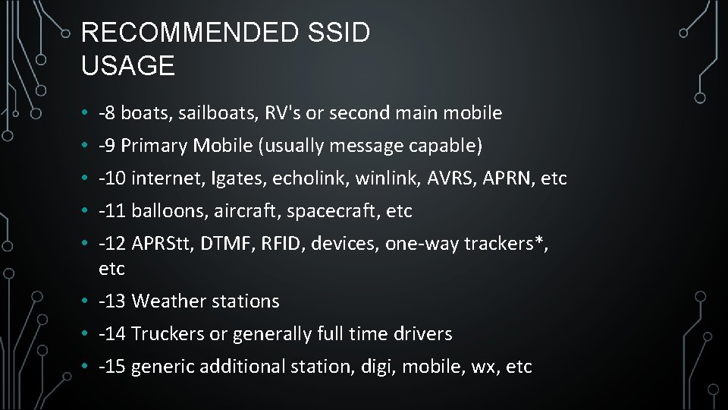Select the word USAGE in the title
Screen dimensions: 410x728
[x=127, y=66]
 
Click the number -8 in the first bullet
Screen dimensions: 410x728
[x=107, y=113]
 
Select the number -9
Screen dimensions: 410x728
[x=107, y=145]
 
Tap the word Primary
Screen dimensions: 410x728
[x=154, y=145]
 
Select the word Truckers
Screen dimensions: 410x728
[x=163, y=334]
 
